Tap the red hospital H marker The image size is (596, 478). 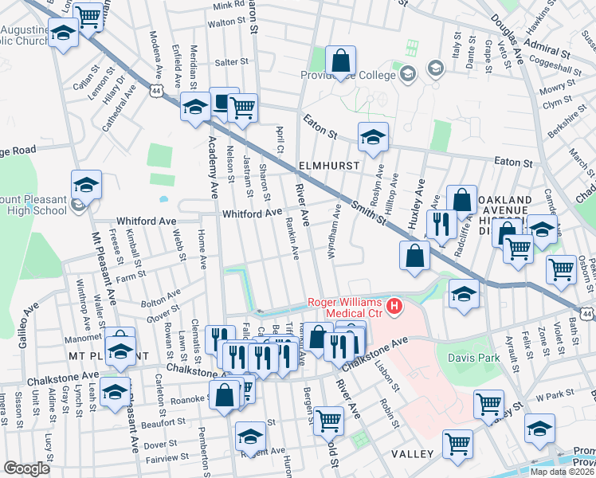(392, 306)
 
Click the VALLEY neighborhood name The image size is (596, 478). (412, 453)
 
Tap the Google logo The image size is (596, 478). (26, 468)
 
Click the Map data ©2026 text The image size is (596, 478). (561, 472)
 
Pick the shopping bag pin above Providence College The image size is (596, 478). (340, 61)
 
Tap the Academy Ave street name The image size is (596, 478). (212, 167)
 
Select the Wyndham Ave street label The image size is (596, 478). (335, 231)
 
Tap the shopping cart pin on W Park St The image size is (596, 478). (488, 404)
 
